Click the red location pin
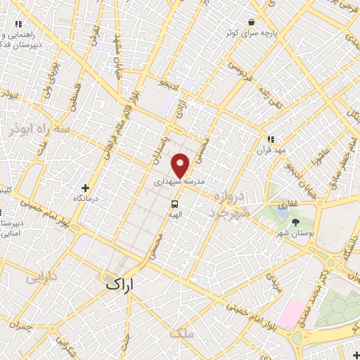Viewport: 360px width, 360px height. pos(181,165)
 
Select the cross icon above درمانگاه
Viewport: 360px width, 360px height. pos(86,188)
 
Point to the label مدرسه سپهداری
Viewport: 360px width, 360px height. pos(179,181)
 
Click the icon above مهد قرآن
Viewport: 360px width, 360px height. pos(269,139)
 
